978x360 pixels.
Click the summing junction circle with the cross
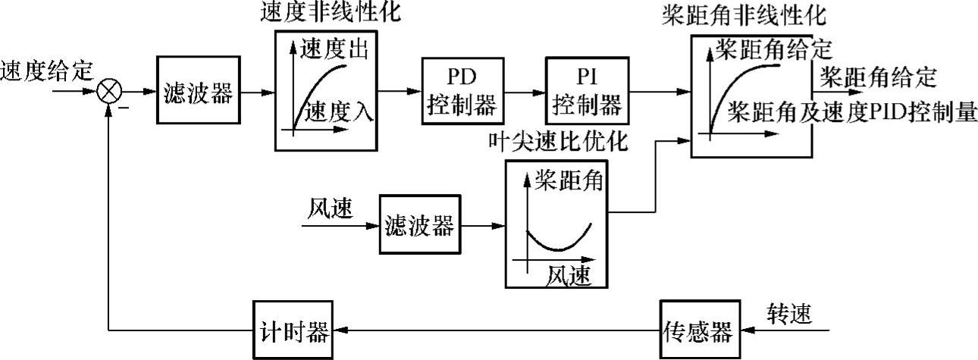pos(111,92)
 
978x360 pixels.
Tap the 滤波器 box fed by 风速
pos(419,225)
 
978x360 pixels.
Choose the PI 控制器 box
pos(587,91)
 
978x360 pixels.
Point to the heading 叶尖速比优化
pos(562,142)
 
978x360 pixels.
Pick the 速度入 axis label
pos(339,111)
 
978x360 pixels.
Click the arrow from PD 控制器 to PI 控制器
pos(522,92)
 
